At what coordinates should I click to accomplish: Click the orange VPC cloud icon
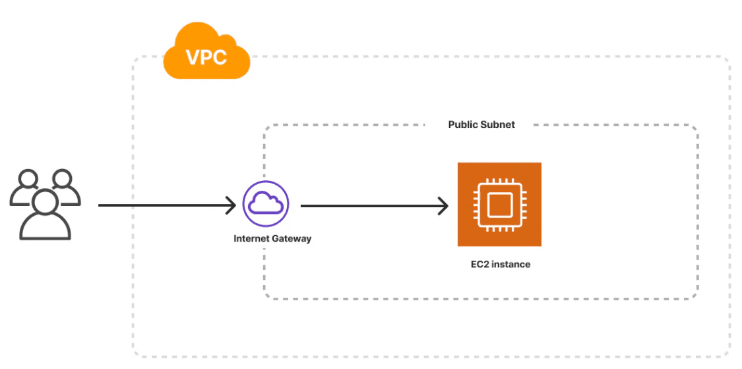pos(206,53)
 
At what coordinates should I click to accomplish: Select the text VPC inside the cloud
pos(206,57)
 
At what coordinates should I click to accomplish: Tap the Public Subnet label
pos(481,124)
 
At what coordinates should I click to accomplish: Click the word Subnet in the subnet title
pos(499,124)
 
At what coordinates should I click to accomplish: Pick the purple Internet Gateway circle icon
pos(266,205)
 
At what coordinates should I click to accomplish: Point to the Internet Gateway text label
pos(272,238)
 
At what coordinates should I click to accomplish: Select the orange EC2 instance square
pos(499,204)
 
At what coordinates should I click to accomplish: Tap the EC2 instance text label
pos(499,264)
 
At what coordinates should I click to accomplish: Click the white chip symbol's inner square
pos(499,204)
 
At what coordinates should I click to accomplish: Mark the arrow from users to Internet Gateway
pos(165,205)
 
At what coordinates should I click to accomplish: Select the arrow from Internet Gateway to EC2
pos(373,205)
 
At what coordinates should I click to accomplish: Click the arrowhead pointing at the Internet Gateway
pos(230,205)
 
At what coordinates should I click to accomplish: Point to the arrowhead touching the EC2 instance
pos(443,205)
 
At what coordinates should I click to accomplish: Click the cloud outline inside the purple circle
pos(266,205)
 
